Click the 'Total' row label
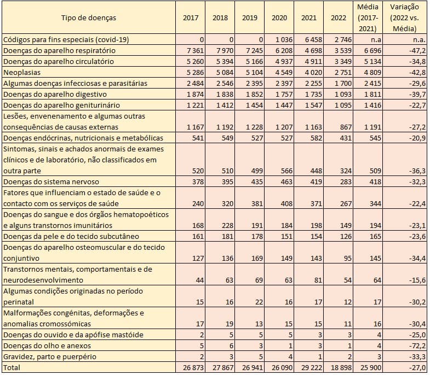(12, 367)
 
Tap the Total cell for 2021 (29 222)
(309, 367)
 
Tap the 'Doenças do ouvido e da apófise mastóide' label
(73, 335)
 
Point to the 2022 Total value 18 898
(339, 367)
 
